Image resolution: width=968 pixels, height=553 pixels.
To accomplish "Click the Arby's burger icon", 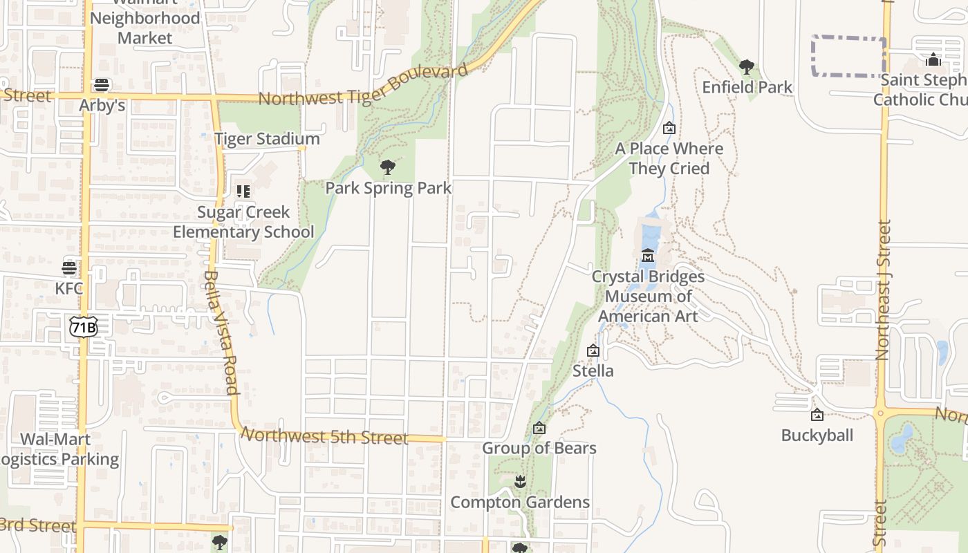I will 102,85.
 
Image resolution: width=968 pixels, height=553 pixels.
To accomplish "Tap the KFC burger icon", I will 69,268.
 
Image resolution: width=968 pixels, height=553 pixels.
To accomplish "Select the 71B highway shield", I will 82,326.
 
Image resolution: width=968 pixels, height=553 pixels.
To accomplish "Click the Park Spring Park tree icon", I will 388,167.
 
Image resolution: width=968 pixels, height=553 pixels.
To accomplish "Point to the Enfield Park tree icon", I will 746,67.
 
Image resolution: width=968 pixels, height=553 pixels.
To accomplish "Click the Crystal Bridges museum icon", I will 648,256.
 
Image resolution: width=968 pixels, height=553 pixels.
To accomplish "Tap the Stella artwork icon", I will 593,350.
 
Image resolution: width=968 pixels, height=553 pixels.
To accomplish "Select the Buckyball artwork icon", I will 817,415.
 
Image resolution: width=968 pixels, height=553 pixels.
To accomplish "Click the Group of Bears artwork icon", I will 539,428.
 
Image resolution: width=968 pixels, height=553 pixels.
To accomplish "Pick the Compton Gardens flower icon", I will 520,482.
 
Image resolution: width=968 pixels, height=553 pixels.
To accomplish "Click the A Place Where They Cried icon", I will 669,128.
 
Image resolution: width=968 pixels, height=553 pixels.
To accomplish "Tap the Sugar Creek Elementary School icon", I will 243,191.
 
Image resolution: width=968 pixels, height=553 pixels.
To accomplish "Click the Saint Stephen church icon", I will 933,59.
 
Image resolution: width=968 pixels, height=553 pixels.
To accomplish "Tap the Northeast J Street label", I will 883,290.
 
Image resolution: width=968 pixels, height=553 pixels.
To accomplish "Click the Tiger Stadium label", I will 267,139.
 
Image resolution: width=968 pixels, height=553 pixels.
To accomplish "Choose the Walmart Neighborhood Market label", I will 145,28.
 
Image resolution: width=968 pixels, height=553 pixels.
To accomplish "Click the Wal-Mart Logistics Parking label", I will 59,449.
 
